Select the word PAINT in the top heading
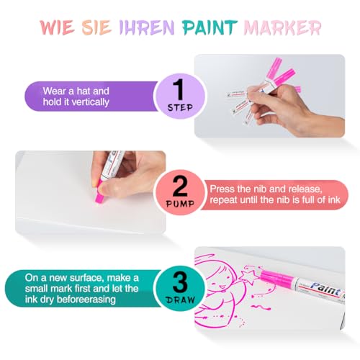click(214, 28)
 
